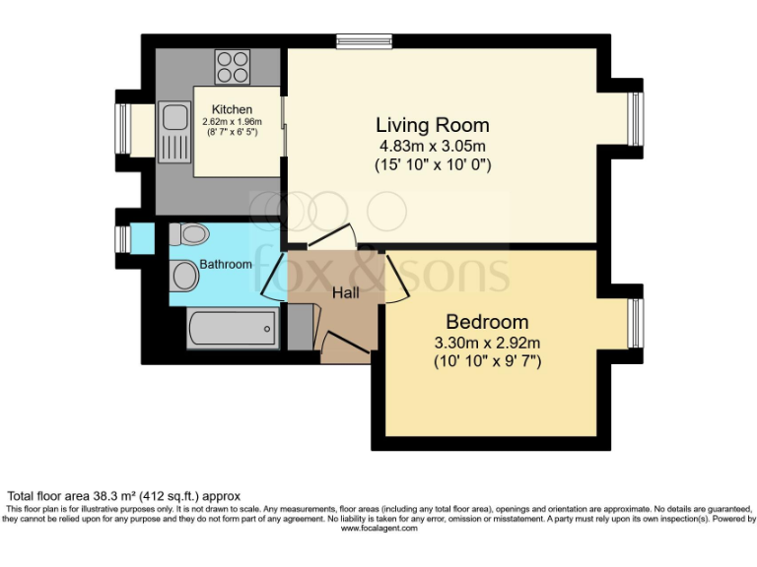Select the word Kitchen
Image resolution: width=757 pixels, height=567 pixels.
click(232, 109)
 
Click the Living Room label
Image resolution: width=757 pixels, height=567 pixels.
click(432, 125)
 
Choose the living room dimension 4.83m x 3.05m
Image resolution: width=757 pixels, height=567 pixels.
click(432, 147)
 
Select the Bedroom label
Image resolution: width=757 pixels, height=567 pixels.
click(487, 322)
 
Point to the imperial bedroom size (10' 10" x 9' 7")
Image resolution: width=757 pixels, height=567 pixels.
click(487, 361)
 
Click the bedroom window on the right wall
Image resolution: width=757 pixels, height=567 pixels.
click(635, 324)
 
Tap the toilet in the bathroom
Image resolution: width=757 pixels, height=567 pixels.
click(188, 234)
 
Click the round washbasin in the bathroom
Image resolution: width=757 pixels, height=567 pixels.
click(184, 277)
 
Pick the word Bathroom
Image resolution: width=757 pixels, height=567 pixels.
click(226, 264)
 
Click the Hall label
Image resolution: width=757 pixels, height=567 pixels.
click(345, 292)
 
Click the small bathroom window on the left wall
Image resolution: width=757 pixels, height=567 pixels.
click(122, 239)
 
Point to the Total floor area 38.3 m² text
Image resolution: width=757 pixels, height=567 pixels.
click(124, 495)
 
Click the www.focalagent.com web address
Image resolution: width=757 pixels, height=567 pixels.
click(378, 529)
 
